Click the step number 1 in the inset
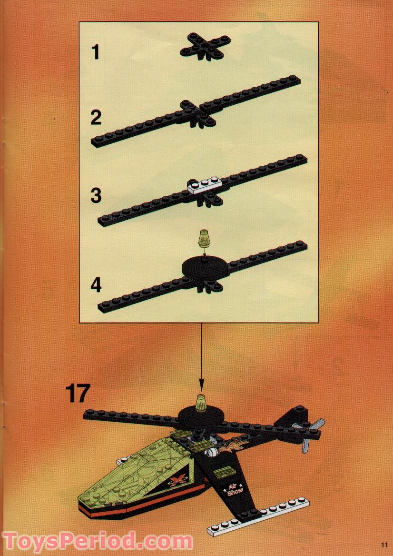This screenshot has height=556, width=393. click(96, 51)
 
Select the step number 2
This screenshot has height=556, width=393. click(96, 117)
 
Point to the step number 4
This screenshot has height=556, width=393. click(97, 285)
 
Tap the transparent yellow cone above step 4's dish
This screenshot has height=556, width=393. click(205, 238)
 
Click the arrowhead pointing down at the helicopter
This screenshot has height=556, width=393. click(202, 385)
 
